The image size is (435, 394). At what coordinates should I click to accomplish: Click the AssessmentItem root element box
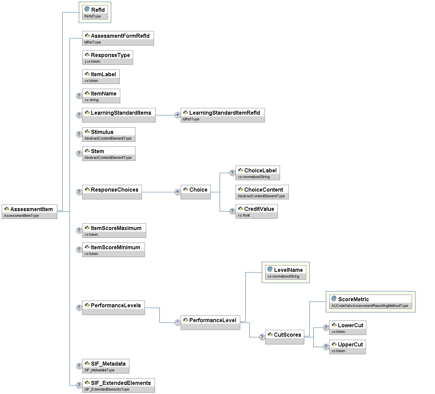[29, 212]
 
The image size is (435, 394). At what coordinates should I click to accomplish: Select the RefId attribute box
[95, 12]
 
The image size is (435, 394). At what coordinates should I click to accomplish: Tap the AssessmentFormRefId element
[118, 38]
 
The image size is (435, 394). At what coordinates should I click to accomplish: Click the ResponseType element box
[107, 57]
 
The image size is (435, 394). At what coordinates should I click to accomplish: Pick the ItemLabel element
[101, 77]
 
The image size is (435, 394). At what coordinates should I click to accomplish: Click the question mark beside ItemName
[79, 96]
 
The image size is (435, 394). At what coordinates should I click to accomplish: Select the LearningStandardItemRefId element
[222, 115]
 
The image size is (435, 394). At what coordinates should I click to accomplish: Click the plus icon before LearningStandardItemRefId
[178, 115]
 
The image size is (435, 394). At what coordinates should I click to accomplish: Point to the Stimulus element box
[108, 134]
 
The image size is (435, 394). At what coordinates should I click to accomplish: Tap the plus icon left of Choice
[178, 192]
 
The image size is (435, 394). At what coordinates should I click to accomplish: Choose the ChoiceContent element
[262, 192]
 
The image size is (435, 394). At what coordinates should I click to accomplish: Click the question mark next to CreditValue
[232, 211]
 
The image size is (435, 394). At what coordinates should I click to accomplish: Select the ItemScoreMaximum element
[114, 230]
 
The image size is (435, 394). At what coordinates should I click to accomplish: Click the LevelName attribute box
[285, 272]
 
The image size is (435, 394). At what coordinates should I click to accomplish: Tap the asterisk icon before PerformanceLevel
[178, 322]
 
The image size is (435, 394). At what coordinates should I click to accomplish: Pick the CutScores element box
[284, 337]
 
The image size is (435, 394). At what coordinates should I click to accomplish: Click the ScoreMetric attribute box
[370, 302]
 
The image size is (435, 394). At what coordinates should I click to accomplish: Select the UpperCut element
[347, 347]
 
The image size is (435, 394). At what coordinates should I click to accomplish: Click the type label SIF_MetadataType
[99, 370]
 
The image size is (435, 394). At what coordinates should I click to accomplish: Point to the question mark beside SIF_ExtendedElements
[79, 385]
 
